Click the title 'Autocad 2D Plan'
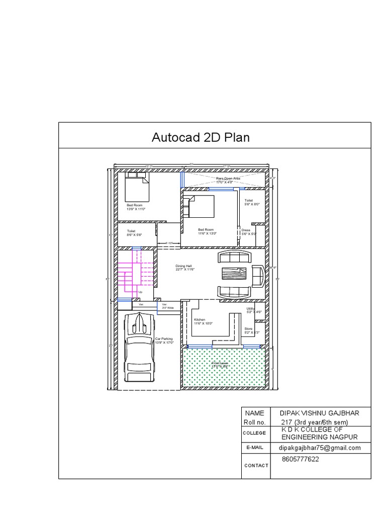click(x=201, y=137)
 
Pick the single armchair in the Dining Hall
click(x=259, y=275)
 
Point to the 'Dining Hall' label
click(x=184, y=268)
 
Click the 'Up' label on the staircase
click(x=140, y=292)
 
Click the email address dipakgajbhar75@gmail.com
click(x=320, y=448)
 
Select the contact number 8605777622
click(x=301, y=459)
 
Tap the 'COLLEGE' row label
click(x=254, y=433)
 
